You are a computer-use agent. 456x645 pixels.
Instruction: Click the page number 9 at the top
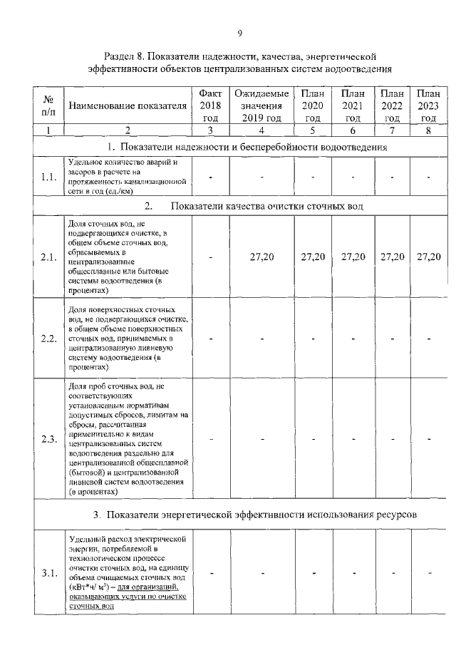tap(240, 33)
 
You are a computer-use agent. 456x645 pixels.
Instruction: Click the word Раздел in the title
tap(120, 56)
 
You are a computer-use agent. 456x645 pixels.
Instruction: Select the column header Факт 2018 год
tap(210, 106)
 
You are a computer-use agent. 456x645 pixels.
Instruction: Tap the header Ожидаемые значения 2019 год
tap(261, 106)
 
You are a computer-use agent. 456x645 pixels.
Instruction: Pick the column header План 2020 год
tap(312, 106)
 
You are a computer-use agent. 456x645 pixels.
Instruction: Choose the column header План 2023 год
tap(427, 106)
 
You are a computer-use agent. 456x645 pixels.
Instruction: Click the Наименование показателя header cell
tap(128, 106)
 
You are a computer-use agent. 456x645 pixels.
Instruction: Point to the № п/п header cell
tap(49, 106)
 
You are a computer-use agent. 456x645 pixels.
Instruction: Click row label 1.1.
tap(49, 177)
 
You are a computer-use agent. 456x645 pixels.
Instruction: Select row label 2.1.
tap(49, 257)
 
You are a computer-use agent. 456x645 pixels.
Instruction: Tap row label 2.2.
tap(49, 338)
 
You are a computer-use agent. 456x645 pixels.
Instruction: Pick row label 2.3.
tap(49, 438)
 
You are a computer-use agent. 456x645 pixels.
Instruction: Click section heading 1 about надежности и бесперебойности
tap(247, 148)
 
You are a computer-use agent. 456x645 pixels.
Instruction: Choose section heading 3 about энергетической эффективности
tap(254, 515)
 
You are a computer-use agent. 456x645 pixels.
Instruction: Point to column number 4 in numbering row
tap(261, 130)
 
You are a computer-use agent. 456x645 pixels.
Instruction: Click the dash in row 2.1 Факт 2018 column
tap(210, 258)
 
